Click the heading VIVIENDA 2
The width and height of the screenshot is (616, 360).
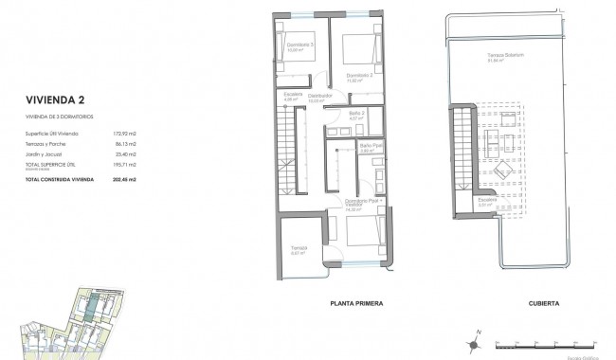click(58, 97)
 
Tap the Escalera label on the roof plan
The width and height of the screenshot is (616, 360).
click(487, 200)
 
